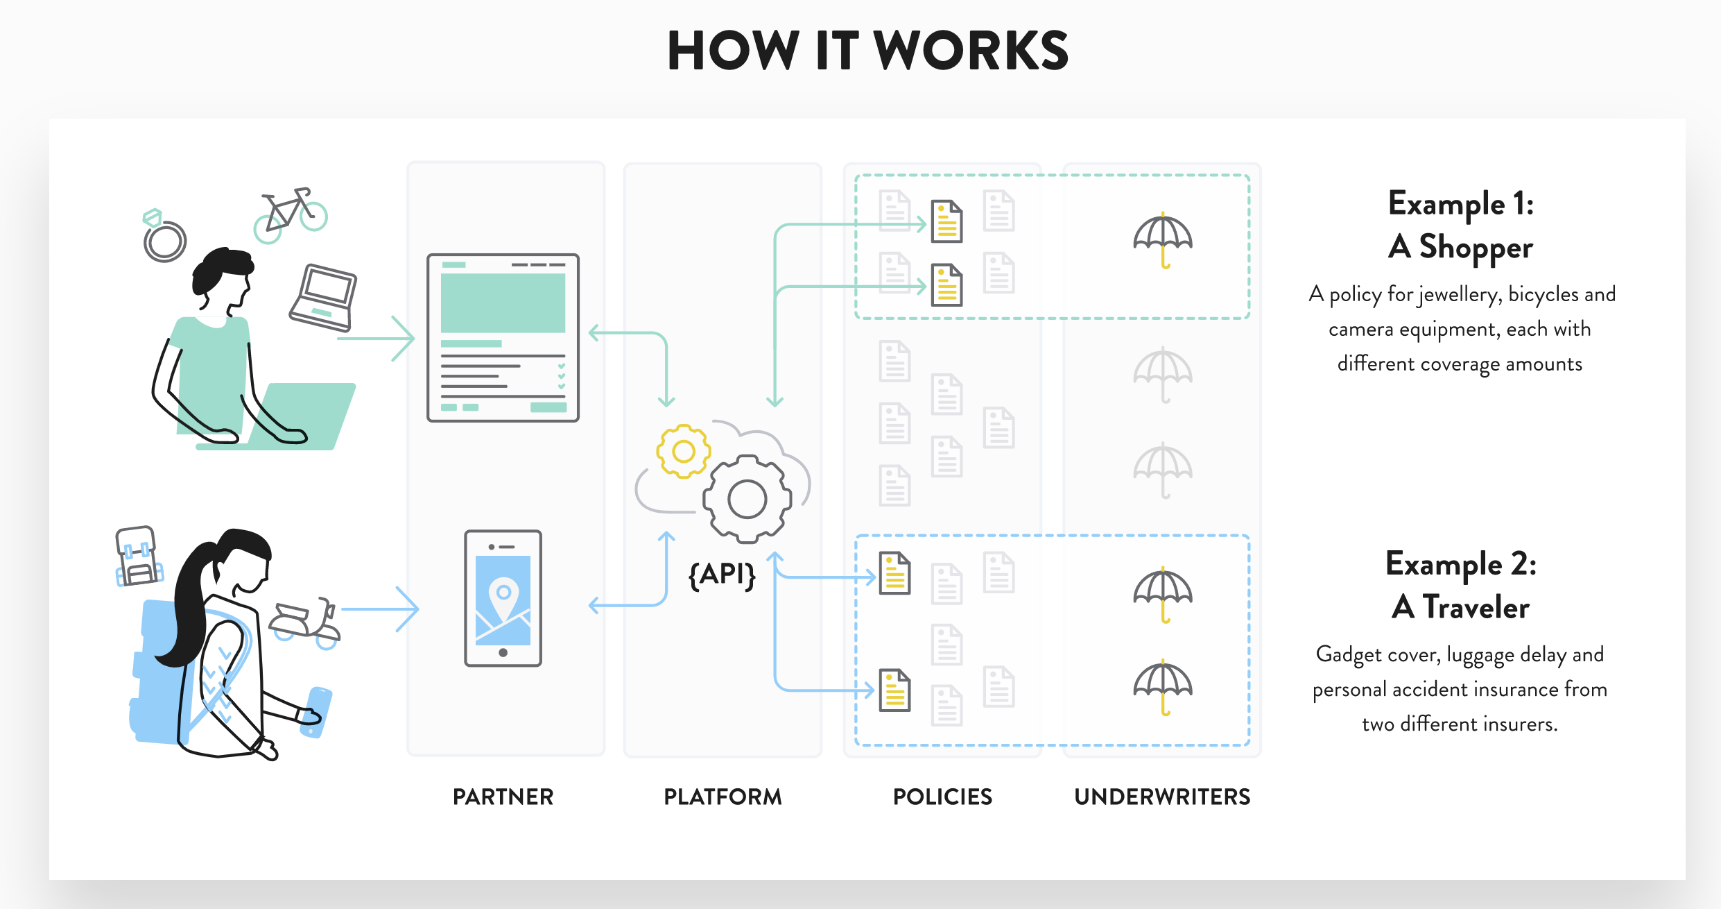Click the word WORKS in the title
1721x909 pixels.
click(x=971, y=51)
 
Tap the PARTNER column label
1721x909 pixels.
click(x=503, y=797)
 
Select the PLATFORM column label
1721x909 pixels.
click(x=723, y=797)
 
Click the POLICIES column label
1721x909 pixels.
click(x=942, y=797)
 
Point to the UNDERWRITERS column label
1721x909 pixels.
click(x=1162, y=797)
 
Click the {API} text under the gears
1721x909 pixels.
click(x=722, y=575)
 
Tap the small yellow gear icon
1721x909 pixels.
click(x=684, y=452)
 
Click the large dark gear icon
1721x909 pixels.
click(x=747, y=499)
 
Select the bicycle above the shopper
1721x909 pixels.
click(x=291, y=214)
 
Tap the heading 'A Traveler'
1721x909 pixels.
click(x=1461, y=608)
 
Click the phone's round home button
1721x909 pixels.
click(x=503, y=652)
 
